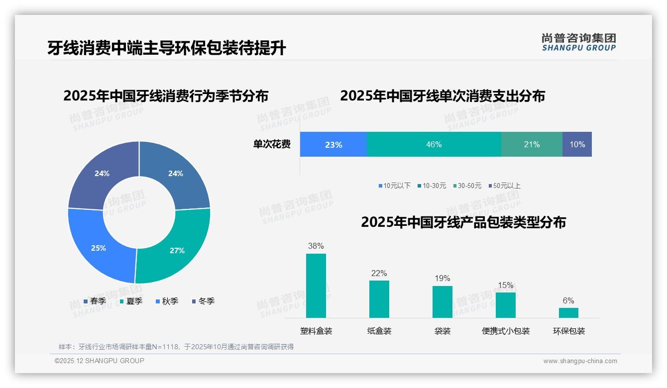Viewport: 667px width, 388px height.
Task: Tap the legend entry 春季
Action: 95,301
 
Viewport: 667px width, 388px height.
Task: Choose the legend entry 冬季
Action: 203,301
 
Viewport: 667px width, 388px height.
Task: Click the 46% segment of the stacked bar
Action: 434,144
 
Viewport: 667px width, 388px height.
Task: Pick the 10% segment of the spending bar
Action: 577,144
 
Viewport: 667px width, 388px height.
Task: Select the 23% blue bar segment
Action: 333,145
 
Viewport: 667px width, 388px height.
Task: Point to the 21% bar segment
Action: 532,144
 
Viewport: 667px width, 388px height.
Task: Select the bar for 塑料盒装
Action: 316,286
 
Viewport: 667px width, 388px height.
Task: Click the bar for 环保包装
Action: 568,312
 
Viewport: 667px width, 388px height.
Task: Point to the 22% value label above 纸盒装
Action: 379,274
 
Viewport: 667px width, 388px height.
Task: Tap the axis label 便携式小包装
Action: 506,331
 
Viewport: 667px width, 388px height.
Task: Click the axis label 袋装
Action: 443,331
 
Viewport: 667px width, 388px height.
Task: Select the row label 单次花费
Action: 272,144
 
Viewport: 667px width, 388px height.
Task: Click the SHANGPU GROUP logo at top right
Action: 578,42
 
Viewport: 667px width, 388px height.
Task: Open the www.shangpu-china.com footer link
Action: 580,361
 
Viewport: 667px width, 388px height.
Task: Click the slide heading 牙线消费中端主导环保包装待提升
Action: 166,48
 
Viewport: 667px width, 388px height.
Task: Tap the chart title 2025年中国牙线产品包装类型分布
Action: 463,222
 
